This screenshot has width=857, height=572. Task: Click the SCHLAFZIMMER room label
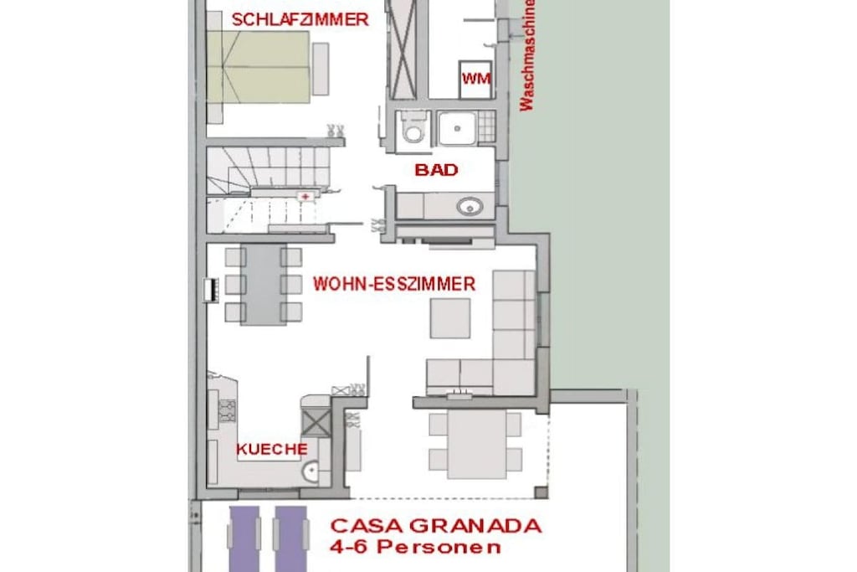300,20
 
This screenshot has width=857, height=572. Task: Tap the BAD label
436,169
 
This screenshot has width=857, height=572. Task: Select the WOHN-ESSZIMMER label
394,284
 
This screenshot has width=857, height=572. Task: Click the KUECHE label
272,450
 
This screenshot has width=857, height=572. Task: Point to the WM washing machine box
475,80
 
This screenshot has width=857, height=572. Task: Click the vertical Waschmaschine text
526,55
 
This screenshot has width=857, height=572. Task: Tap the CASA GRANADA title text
436,526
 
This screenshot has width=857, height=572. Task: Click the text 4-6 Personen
415,546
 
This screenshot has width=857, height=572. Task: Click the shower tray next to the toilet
457,128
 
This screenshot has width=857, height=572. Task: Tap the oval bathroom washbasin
470,207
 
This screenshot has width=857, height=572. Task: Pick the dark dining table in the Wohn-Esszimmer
264,285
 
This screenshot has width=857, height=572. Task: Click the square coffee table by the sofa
449,318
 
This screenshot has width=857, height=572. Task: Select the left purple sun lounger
244,539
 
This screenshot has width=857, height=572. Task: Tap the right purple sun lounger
290,539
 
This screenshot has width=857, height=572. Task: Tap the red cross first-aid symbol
305,196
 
